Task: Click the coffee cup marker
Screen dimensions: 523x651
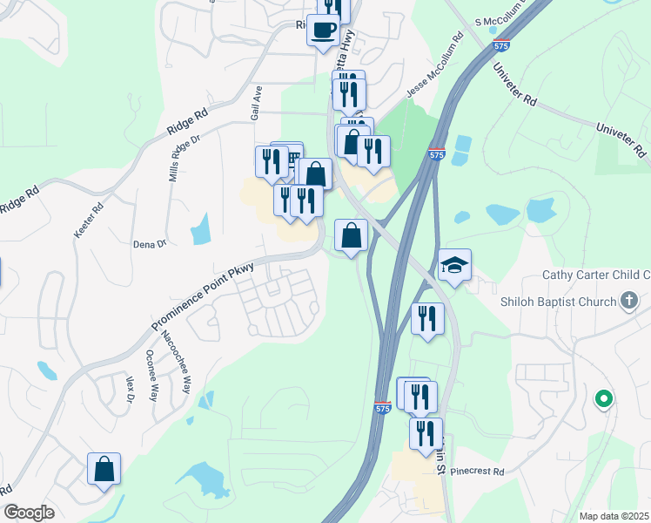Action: pyautogui.click(x=324, y=31)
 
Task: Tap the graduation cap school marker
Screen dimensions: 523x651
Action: pyautogui.click(x=454, y=264)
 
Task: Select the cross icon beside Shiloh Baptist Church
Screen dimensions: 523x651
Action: pyautogui.click(x=631, y=302)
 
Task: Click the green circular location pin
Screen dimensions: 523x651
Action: pyautogui.click(x=602, y=399)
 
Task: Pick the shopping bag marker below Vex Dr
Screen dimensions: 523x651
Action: pyautogui.click(x=104, y=468)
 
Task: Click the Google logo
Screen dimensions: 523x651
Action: pyautogui.click(x=29, y=513)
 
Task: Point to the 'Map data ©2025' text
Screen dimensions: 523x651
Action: pyautogui.click(x=614, y=516)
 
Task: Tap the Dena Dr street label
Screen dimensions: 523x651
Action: pyautogui.click(x=150, y=245)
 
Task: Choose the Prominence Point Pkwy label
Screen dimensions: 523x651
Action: pyautogui.click(x=203, y=297)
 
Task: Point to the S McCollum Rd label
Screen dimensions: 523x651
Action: pyautogui.click(x=503, y=22)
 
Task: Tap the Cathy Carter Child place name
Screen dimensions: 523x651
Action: pyautogui.click(x=596, y=275)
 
